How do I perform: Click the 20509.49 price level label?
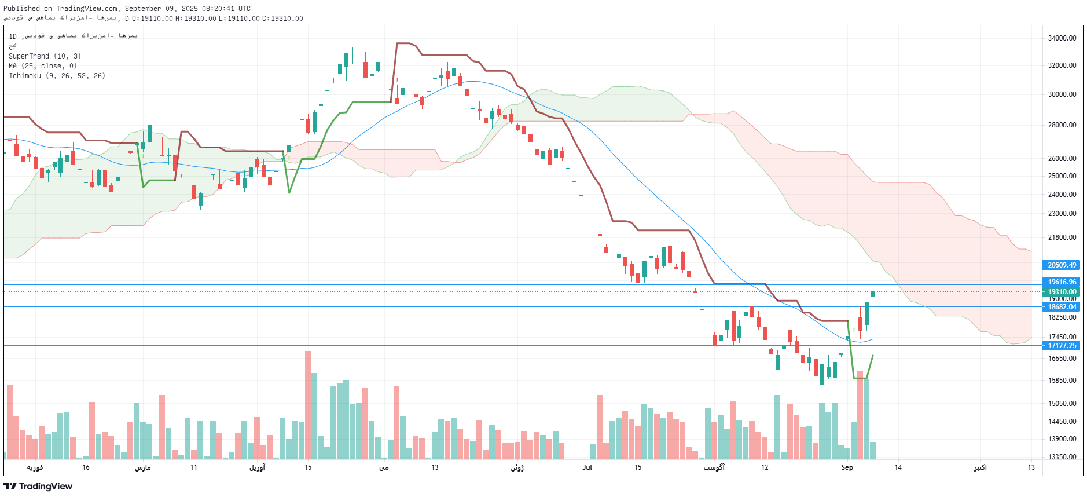[x=1062, y=265]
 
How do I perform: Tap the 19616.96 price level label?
[x=1062, y=282]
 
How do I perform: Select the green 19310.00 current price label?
[x=1062, y=292]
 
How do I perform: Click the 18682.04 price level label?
[x=1062, y=307]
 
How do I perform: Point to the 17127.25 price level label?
[x=1062, y=346]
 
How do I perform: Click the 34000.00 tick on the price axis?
[x=1062, y=38]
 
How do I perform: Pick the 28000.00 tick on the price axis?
[x=1062, y=125]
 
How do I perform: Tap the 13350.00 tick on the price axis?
[x=1062, y=457]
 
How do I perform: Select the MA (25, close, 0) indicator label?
[x=43, y=66]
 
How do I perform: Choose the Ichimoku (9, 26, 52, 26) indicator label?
[x=57, y=76]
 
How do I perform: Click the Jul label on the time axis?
[x=587, y=467]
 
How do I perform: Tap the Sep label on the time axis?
[x=847, y=467]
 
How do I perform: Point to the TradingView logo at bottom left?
[x=38, y=487]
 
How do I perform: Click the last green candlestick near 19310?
[x=873, y=294]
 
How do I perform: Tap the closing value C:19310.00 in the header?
[x=282, y=19]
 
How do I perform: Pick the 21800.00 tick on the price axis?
[x=1062, y=237]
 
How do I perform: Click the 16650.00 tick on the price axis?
[x=1062, y=359]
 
